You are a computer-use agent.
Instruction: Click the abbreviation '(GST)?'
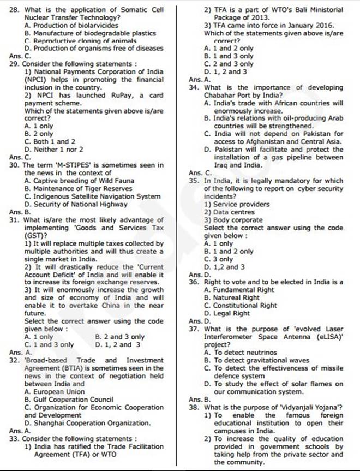[x=37, y=235]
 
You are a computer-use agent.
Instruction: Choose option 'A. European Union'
[x=55, y=391]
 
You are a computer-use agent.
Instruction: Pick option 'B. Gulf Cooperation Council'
[x=69, y=399]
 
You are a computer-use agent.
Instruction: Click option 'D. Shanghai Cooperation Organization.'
[x=88, y=423]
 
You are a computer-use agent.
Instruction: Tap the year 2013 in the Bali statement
[x=253, y=17]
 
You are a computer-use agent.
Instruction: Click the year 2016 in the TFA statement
[x=323, y=25]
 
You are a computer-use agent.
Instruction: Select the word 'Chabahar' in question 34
[x=221, y=94]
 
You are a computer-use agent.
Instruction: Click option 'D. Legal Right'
[x=226, y=313]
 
